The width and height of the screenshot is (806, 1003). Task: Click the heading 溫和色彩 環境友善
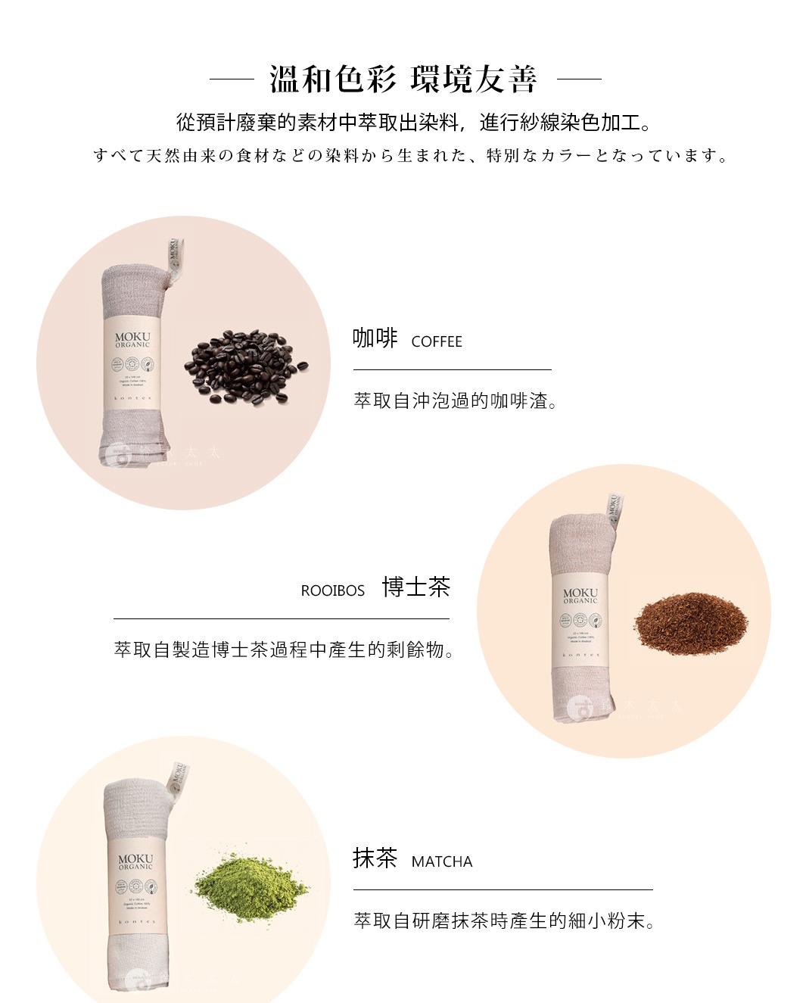pyautogui.click(x=403, y=79)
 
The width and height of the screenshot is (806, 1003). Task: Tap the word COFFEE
pyautogui.click(x=436, y=342)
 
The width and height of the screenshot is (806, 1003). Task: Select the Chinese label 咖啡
pyautogui.click(x=375, y=338)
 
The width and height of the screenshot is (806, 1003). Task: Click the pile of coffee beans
pyautogui.click(x=245, y=366)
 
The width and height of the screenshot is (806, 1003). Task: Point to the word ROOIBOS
pyautogui.click(x=332, y=591)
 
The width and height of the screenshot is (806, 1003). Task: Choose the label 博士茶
pyautogui.click(x=415, y=587)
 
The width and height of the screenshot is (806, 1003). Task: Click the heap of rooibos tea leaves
pyautogui.click(x=690, y=623)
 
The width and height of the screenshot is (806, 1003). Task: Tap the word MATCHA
pyautogui.click(x=441, y=862)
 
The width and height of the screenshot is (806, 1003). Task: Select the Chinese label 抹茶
pyautogui.click(x=375, y=858)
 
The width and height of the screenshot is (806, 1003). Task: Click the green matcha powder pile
pyautogui.click(x=251, y=886)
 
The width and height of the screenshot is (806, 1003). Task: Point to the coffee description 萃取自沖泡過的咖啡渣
pyautogui.click(x=456, y=401)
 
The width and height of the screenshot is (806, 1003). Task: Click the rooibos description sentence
pyautogui.click(x=284, y=650)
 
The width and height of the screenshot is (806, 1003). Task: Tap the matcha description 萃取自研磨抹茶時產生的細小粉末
pyautogui.click(x=504, y=921)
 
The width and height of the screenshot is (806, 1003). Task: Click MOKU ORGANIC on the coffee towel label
pyautogui.click(x=132, y=339)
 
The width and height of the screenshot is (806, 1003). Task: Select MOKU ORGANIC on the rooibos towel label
pyautogui.click(x=580, y=595)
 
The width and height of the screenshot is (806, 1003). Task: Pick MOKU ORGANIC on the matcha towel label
pyautogui.click(x=135, y=861)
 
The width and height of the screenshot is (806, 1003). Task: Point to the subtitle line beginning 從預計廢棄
pyautogui.click(x=413, y=122)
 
